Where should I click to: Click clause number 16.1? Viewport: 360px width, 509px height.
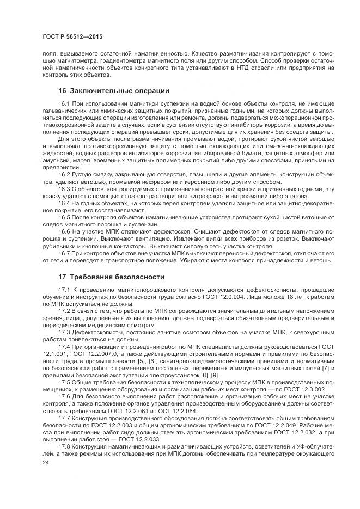[x=64, y=103]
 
